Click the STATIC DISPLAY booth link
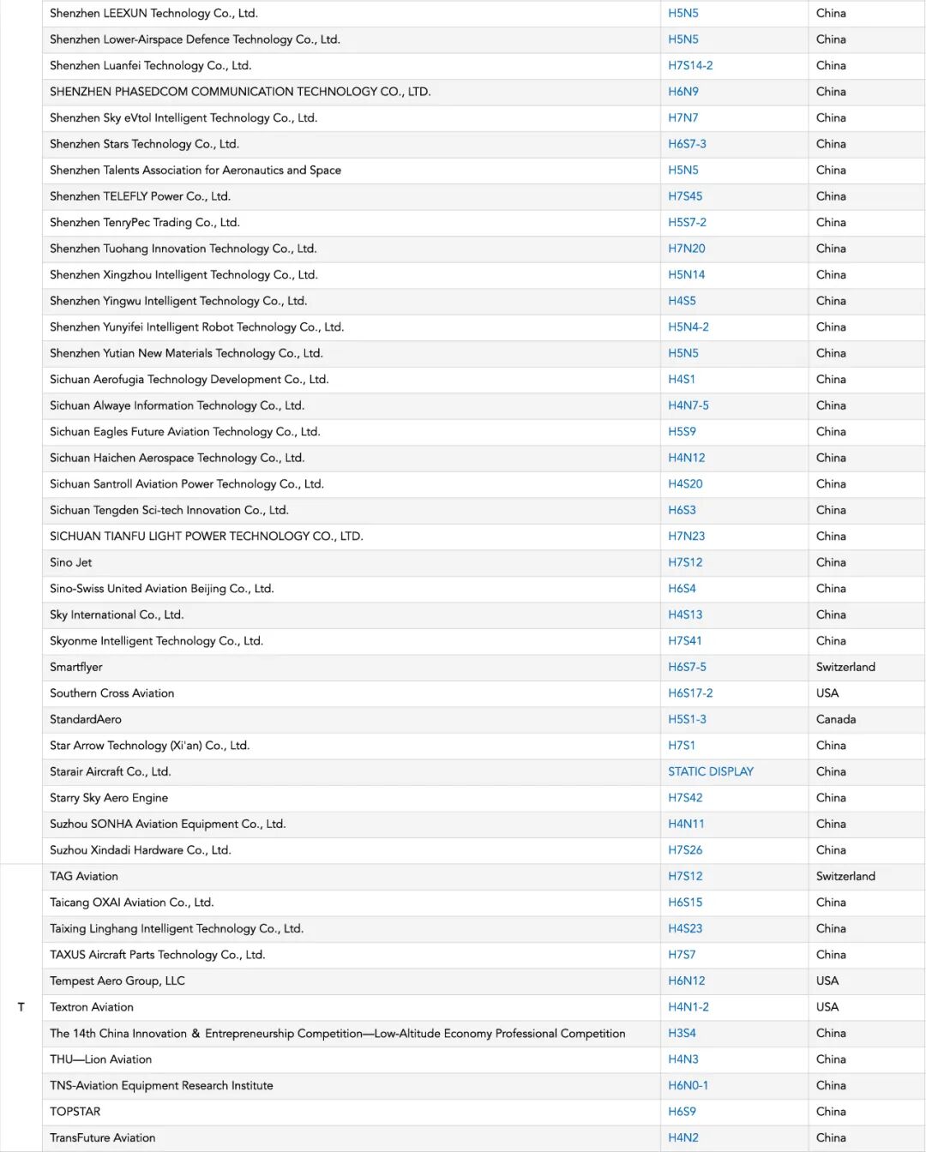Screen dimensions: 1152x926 [x=710, y=771]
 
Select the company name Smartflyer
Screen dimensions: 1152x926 [x=76, y=667]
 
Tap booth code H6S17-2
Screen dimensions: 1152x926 [x=690, y=693]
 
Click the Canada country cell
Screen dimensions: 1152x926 [x=835, y=719]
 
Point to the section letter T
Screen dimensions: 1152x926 [x=21, y=1007]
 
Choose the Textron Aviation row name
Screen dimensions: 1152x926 [x=92, y=1007]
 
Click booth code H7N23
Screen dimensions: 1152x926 [x=686, y=536]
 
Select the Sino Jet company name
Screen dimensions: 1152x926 [x=71, y=562]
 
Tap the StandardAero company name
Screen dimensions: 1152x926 [x=86, y=719]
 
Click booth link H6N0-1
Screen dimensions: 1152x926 [x=688, y=1085]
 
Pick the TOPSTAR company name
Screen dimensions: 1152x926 [x=75, y=1112]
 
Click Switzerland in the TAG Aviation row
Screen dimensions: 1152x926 [x=845, y=876]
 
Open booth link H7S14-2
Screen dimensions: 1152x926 [x=690, y=65]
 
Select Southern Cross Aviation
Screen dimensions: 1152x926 [x=112, y=693]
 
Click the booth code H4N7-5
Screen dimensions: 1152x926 [x=688, y=405]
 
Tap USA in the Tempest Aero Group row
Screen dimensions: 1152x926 [x=827, y=981]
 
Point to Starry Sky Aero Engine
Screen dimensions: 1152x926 [x=109, y=798]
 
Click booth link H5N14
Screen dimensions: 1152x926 [x=686, y=274]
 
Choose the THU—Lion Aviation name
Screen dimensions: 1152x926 [x=101, y=1059]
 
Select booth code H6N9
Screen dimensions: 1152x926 [x=683, y=92]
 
